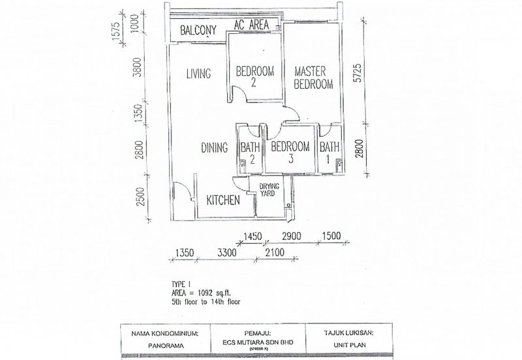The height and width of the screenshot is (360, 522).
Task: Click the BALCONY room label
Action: coord(198,30)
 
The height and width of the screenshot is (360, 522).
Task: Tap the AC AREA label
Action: coord(251,24)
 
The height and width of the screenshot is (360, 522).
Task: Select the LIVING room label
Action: coord(198,74)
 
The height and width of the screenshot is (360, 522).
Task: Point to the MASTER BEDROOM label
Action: coord(313,78)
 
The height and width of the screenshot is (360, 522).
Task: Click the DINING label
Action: coord(215,148)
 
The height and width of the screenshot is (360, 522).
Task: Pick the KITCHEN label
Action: coord(223,200)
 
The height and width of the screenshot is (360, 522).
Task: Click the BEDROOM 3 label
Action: coord(290,153)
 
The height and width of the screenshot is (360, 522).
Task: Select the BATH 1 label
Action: coord(330,153)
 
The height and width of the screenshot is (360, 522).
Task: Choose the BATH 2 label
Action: coord(251,153)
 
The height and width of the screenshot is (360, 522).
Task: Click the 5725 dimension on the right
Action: coord(357,73)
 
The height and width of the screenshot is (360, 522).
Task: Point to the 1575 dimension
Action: coord(115,31)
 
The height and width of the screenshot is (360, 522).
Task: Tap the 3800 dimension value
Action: coord(137,67)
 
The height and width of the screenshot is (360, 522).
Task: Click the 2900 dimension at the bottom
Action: coord(292,236)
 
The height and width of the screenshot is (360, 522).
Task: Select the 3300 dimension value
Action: coord(227,252)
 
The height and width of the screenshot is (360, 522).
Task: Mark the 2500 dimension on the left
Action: coord(140,197)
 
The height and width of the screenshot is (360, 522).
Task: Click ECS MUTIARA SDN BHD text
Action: coord(258,342)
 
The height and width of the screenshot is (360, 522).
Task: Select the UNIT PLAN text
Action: coord(350,345)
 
